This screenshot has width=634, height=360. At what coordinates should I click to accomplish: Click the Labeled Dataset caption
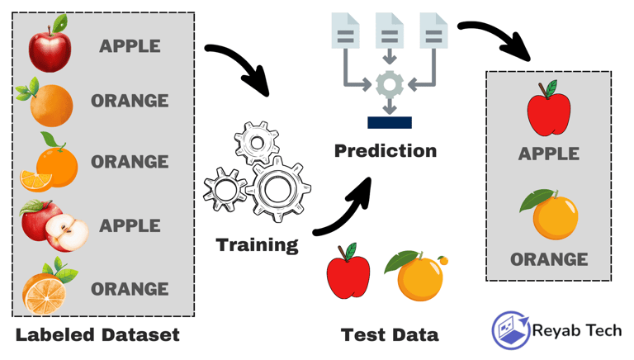[97, 335]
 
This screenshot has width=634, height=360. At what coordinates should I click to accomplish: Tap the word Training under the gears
[257, 244]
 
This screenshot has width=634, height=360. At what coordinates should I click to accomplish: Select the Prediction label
[385, 151]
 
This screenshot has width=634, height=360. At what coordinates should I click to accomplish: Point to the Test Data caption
[390, 334]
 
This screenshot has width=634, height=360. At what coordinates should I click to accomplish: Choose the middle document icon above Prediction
[390, 31]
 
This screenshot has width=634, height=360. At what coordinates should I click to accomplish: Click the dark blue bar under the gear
[390, 123]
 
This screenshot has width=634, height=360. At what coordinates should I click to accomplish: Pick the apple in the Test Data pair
[348, 272]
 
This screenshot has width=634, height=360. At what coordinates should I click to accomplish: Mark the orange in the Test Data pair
[417, 277]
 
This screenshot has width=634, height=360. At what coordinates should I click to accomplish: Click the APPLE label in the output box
[548, 154]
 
